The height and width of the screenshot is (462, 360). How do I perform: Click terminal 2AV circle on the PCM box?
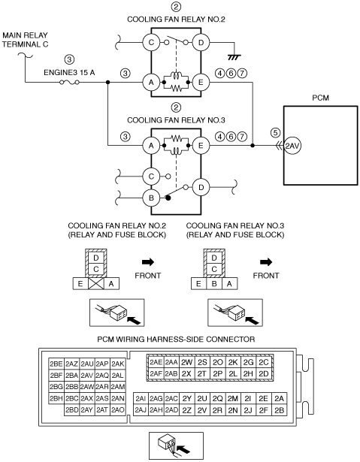[292, 146]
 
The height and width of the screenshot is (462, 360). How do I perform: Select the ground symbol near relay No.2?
[234, 57]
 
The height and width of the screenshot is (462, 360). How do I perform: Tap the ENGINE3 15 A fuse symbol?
[69, 83]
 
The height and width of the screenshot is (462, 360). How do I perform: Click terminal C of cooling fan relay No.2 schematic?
[151, 42]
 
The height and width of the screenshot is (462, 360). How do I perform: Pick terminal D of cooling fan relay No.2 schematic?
[201, 42]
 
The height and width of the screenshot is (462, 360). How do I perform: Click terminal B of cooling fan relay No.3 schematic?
[151, 198]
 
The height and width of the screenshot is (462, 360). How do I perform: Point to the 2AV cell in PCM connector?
[87, 376]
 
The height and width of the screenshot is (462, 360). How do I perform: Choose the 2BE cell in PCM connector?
[56, 364]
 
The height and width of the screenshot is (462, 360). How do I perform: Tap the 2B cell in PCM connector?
[279, 410]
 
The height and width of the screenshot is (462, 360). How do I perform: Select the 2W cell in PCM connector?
[186, 362]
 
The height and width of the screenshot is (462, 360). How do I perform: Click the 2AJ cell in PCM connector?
[141, 410]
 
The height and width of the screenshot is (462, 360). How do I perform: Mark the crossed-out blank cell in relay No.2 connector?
[95, 284]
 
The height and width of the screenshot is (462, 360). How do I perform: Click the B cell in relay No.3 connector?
[214, 284]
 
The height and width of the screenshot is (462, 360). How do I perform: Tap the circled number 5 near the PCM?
[275, 132]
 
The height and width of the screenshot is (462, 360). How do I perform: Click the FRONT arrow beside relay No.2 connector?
[148, 261]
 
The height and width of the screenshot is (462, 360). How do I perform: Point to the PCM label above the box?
[320, 98]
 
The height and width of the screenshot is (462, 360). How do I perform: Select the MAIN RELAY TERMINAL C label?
[25, 40]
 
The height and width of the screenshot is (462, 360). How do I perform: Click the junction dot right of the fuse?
[108, 83]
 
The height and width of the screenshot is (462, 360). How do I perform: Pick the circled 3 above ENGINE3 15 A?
[69, 59]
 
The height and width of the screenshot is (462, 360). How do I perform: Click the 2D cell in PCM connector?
[264, 373]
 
